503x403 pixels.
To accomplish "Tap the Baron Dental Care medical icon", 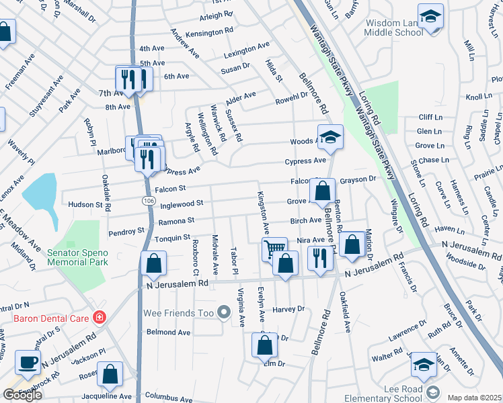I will [100, 316].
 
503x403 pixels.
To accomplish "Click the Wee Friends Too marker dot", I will [225, 312].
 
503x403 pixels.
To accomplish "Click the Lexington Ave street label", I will [246, 50].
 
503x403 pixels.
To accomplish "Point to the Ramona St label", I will [176, 220].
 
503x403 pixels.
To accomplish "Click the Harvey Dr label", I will [288, 309].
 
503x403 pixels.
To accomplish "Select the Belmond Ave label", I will [169, 332].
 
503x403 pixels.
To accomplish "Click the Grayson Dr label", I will [357, 179].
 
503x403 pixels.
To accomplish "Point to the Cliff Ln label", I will [430, 116].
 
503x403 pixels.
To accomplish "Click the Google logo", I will [22, 395].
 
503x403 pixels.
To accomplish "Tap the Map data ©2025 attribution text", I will [475, 398].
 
